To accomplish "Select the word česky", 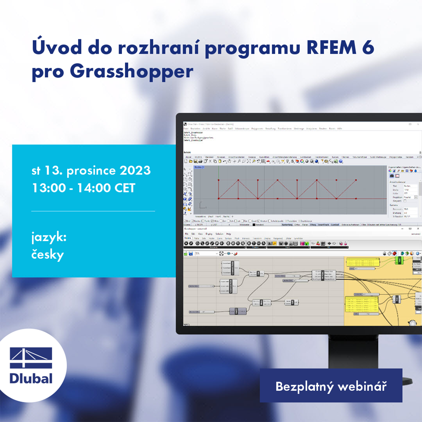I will pyautogui.click(x=48, y=255).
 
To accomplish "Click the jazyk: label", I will pyautogui.click(x=49, y=238).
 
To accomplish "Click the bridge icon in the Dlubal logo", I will pyautogui.click(x=31, y=358).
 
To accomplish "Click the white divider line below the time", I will pyautogui.click(x=93, y=211).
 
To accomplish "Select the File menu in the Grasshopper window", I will pyautogui.click(x=187, y=234).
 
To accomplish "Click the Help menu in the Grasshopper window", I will pyautogui.click(x=229, y=234).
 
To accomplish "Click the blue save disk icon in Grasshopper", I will pyautogui.click(x=191, y=253).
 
